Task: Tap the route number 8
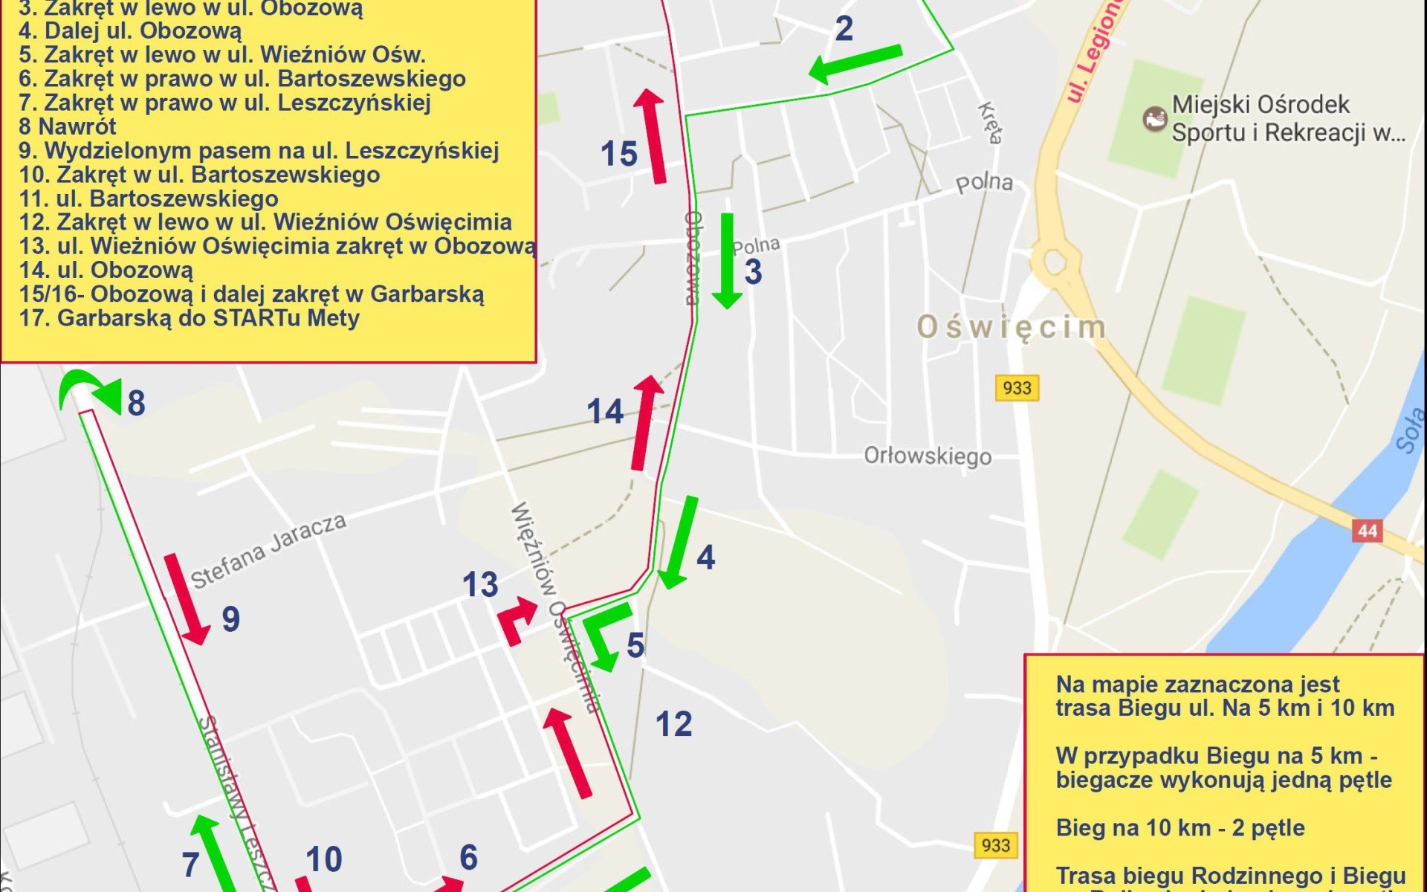pos(136,404)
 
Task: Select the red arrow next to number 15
pos(652,135)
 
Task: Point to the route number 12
pos(673,724)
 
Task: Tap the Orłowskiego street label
pos(927,455)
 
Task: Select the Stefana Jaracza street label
pos(268,551)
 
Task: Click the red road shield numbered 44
pos(1367,531)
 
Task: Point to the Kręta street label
pos(990,123)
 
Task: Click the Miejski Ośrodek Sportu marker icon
pos(1154,118)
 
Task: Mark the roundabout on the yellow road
pos(1054,262)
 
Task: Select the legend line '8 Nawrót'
pos(68,126)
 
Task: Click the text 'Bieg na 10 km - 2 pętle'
pos(1180,828)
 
